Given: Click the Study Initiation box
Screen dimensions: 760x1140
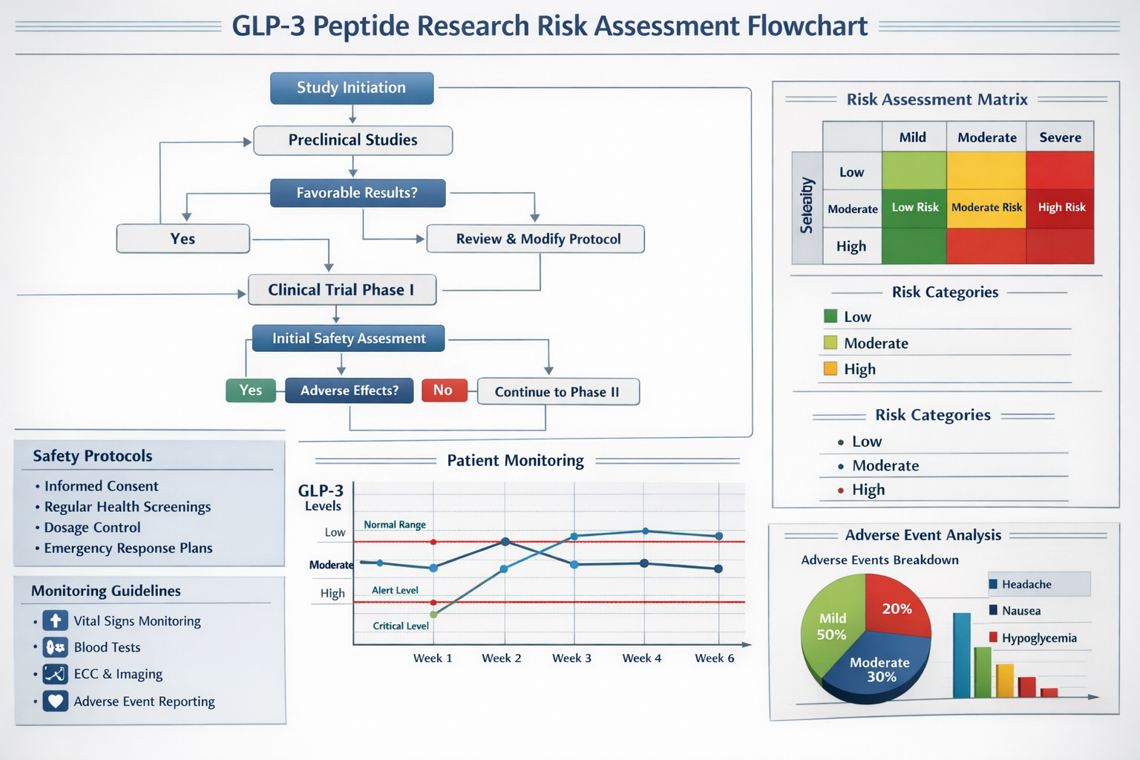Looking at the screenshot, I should tap(352, 88).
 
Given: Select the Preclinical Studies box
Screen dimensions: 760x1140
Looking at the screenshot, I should tap(353, 140).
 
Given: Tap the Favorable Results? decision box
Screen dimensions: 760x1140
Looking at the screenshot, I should tap(357, 193).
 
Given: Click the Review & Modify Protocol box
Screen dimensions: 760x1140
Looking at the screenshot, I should tap(537, 239).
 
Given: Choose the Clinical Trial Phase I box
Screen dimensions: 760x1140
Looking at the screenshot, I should tap(341, 290).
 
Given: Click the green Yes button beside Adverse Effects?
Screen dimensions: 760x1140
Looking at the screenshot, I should tap(250, 390).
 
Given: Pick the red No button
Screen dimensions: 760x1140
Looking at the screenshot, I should tap(444, 390).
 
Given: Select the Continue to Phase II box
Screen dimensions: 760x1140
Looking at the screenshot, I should tap(557, 392).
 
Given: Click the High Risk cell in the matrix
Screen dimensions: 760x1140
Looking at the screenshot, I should tap(1061, 208).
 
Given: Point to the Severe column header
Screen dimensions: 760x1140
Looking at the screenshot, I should tap(1060, 137).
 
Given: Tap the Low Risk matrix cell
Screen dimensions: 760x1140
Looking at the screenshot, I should tap(914, 208).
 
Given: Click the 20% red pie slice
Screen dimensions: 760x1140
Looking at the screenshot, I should tap(897, 607).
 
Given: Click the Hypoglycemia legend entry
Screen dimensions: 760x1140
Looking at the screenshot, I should tap(1038, 638).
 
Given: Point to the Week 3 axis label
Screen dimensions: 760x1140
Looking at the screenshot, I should tap(571, 658).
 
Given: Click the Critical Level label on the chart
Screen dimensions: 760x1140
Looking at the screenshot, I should tap(400, 626).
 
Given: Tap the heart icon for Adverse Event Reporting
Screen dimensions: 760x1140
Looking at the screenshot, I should tap(56, 701).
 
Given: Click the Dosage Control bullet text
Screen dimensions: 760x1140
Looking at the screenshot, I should tap(92, 528).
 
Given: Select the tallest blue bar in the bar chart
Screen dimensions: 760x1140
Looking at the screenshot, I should tap(961, 655).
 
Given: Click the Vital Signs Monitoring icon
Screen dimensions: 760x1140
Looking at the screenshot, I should tap(56, 620).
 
